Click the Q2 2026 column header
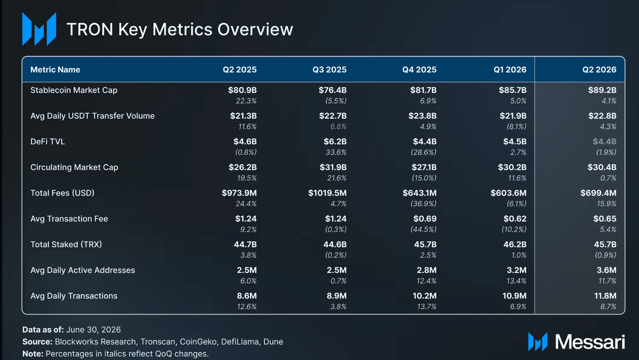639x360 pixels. [x=599, y=70]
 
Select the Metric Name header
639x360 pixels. [x=55, y=70]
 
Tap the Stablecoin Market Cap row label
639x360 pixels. [x=74, y=90]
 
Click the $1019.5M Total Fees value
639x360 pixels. [x=327, y=193]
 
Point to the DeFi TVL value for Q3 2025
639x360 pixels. [x=335, y=142]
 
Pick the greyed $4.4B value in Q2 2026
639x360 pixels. [x=605, y=142]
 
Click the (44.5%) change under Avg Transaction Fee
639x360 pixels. [x=423, y=229]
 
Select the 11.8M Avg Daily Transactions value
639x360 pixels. [x=605, y=296]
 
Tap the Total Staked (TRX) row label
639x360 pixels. [x=66, y=244]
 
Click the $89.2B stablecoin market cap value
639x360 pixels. [x=602, y=90]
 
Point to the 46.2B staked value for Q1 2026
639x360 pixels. [x=515, y=244]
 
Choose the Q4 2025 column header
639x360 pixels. [x=419, y=70]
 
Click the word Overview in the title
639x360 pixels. [x=255, y=30]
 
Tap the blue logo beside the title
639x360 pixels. [x=39, y=29]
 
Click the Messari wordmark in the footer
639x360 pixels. [x=590, y=342]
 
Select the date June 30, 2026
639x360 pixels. [x=94, y=330]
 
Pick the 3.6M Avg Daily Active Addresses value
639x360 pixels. [x=606, y=270]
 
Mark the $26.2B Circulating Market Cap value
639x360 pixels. [x=243, y=167]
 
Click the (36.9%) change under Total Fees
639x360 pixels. [x=423, y=203]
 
